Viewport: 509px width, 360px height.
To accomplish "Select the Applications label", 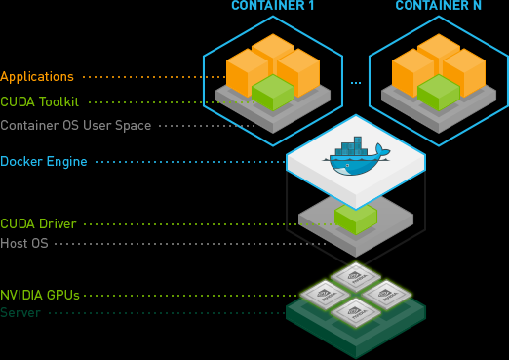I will (x=37, y=76).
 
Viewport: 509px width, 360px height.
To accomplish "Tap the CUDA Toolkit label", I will (x=40, y=101).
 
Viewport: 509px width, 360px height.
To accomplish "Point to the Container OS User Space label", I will (x=75, y=126).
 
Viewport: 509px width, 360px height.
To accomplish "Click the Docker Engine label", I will (x=44, y=161).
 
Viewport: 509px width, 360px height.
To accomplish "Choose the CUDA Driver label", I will (x=38, y=224).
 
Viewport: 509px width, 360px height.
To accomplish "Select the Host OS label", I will (x=25, y=243).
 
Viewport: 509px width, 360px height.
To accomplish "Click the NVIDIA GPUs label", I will (x=40, y=294).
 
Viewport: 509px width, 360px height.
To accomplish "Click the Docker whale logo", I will (x=358, y=160).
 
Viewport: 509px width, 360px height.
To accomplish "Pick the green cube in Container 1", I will (x=272, y=92).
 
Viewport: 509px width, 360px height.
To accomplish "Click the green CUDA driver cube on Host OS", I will (x=356, y=217).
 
